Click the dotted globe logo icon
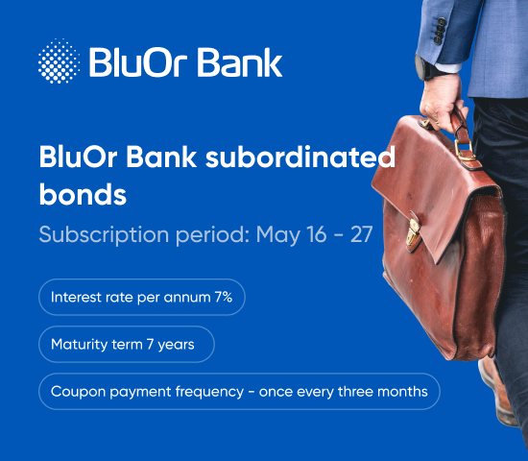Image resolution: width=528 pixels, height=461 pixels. click(x=60, y=61)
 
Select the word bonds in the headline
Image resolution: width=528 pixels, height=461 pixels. click(x=83, y=195)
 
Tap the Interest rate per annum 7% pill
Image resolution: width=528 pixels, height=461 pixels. click(x=142, y=298)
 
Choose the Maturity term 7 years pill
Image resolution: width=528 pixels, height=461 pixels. click(x=126, y=345)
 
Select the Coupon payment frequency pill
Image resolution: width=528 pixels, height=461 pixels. click(x=239, y=391)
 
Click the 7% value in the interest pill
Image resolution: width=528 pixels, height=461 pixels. click(x=223, y=298)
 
